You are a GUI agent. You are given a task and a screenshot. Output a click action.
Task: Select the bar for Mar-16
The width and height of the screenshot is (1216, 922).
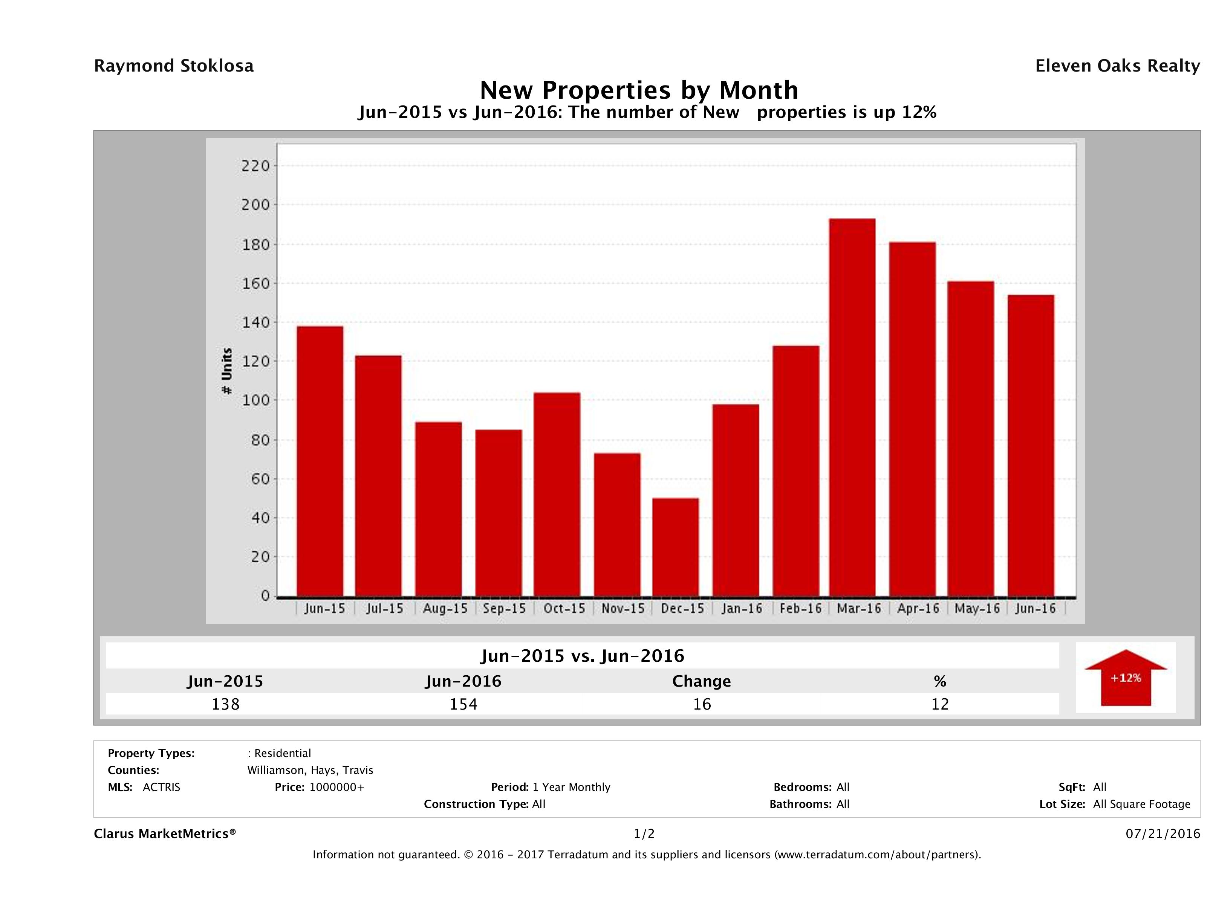tap(852, 407)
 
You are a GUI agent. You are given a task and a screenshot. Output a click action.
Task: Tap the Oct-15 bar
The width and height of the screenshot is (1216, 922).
tap(557, 494)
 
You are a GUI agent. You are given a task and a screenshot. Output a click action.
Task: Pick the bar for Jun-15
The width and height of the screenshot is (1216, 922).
tap(320, 461)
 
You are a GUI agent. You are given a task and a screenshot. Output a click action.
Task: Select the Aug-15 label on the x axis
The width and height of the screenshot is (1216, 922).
tap(445, 609)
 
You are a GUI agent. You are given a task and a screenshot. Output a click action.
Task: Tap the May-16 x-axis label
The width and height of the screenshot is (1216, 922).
tap(977, 609)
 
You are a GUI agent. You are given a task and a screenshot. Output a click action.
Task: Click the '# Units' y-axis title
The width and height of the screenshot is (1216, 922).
tap(226, 371)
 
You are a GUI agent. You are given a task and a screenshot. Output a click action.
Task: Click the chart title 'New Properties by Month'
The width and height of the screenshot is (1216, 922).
tap(639, 90)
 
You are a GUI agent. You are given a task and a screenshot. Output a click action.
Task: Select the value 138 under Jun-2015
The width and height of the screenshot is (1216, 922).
tap(225, 704)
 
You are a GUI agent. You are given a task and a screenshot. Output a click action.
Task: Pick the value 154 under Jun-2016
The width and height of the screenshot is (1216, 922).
tap(463, 704)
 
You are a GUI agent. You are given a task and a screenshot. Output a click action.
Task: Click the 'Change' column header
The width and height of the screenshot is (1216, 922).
tap(702, 681)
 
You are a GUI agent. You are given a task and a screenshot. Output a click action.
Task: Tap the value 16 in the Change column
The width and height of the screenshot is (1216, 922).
tap(702, 704)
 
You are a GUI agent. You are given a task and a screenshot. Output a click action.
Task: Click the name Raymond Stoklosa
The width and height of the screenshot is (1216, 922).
tap(174, 66)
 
